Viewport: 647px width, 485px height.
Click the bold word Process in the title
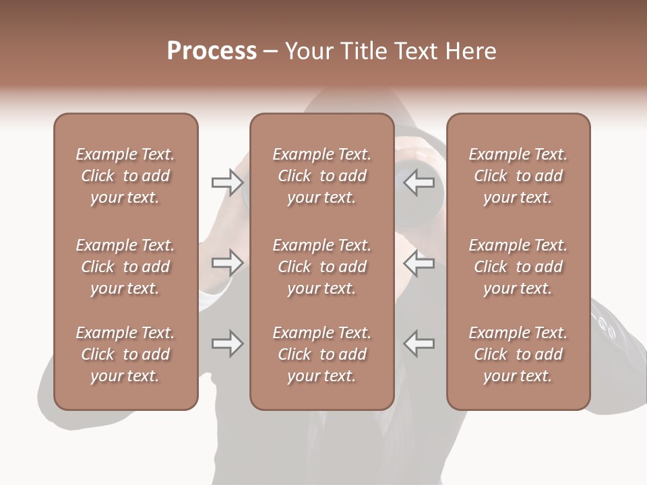212,51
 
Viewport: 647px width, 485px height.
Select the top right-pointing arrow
228,182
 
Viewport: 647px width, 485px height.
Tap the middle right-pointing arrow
228,263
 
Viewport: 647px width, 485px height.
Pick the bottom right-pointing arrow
228,344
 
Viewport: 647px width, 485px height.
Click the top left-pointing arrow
419,182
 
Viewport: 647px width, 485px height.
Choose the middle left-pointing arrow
419,263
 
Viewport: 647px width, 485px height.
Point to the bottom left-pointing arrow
419,344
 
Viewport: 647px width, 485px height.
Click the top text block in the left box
125,176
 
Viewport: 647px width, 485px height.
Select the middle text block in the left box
125,267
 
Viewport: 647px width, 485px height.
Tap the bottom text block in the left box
125,354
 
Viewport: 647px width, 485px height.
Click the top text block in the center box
322,176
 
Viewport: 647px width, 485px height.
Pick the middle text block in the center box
322,267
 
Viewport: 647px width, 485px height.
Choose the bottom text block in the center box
322,354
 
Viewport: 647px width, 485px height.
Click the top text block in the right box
518,176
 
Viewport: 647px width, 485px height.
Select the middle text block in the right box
518,267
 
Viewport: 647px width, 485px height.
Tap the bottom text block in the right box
518,354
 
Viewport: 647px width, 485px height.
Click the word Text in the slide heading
415,51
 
